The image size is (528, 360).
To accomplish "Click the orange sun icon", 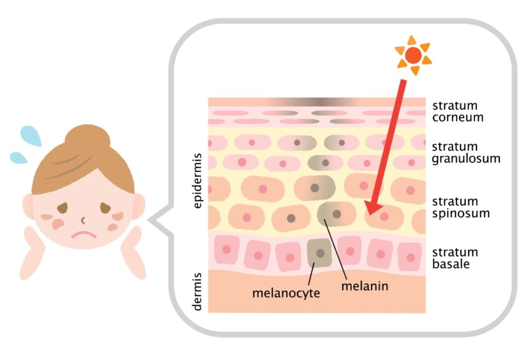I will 412,55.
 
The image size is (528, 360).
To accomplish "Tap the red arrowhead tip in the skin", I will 370,211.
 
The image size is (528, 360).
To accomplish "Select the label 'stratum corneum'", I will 458,111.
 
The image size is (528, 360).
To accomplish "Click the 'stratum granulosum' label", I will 466,153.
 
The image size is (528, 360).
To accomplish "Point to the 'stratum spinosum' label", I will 460,207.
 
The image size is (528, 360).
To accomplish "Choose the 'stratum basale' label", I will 455,258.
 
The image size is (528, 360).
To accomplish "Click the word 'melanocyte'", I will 286,293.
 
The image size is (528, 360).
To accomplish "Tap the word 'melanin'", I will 364,285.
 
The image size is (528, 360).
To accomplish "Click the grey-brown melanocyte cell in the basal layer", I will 320,253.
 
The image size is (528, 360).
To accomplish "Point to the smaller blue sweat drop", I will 19,157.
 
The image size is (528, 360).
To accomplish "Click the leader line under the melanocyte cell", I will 311,276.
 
